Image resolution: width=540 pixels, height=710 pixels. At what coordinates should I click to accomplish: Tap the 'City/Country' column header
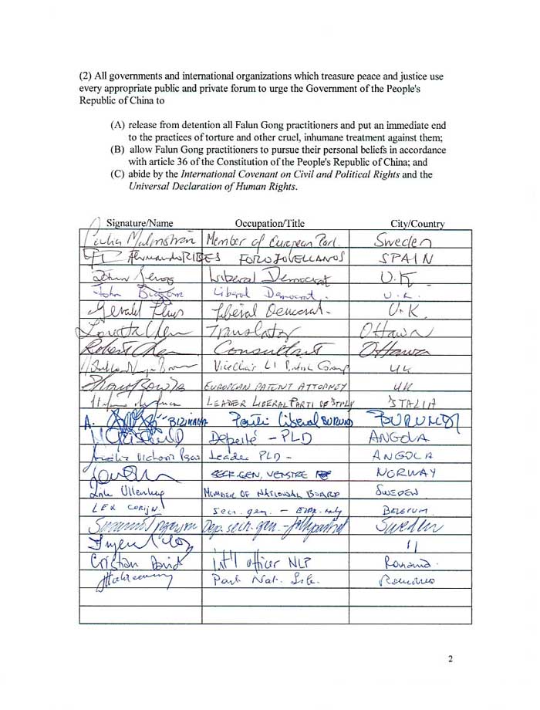417,225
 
